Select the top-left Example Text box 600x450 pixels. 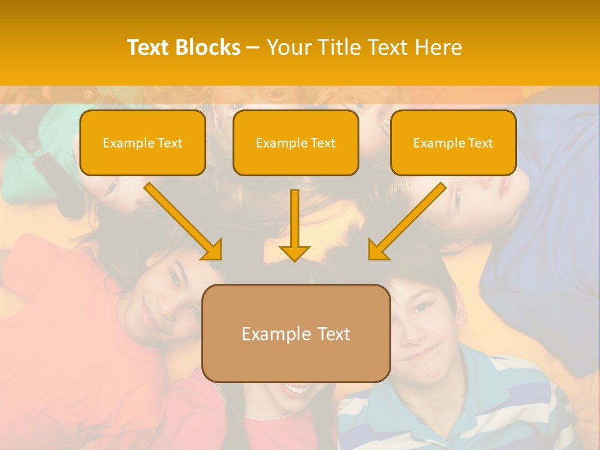[x=142, y=143]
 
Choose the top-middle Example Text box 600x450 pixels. [x=296, y=143]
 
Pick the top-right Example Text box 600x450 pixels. [x=453, y=143]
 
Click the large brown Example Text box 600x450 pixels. [x=296, y=333]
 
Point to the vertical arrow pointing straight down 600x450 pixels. [x=294, y=225]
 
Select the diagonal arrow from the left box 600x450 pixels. [x=182, y=221]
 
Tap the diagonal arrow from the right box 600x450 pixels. [x=407, y=221]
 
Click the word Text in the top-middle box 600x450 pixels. [x=323, y=143]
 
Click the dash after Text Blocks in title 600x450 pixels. [x=253, y=47]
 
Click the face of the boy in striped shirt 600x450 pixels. [x=425, y=325]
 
